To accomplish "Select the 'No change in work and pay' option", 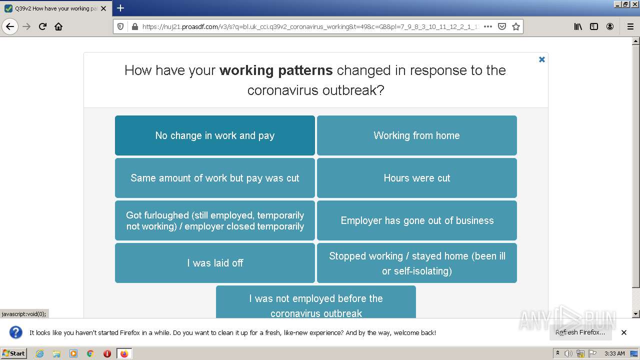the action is (215, 135).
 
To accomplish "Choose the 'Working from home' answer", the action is (417, 135).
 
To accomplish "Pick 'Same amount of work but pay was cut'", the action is (215, 178).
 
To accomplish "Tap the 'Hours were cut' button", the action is (417, 178).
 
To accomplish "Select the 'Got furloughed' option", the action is (215, 220).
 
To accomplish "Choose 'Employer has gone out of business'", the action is (417, 220).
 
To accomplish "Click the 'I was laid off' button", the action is (215, 263).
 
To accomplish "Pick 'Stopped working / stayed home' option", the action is (417, 263).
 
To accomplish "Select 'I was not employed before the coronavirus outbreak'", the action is (316, 302).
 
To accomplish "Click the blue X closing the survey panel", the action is (541, 59).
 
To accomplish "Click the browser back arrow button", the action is (10, 26).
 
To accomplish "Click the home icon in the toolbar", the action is (58, 26).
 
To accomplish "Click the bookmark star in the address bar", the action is (515, 26).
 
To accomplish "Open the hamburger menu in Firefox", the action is (630, 26).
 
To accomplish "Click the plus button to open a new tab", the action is (120, 8).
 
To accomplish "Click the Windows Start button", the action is (13, 353).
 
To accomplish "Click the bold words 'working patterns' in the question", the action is (276, 70).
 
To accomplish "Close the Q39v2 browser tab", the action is (103, 8).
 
